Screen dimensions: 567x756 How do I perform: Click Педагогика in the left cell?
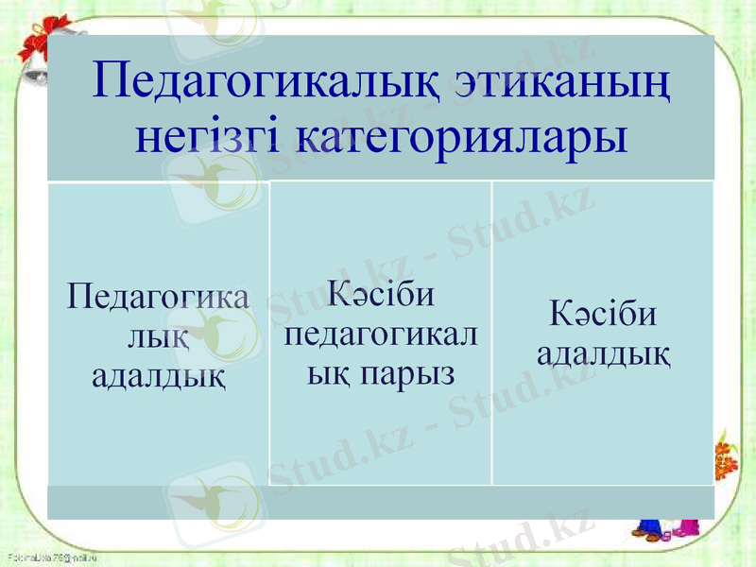[159, 298]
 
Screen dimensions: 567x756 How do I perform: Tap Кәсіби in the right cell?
[603, 314]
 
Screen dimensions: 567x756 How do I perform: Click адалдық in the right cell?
[603, 353]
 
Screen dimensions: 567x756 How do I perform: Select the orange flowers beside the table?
[725, 454]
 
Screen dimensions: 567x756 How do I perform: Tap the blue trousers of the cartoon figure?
[651, 528]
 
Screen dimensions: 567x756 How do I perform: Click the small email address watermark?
[52, 558]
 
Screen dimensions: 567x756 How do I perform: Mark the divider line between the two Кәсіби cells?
[492, 331]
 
